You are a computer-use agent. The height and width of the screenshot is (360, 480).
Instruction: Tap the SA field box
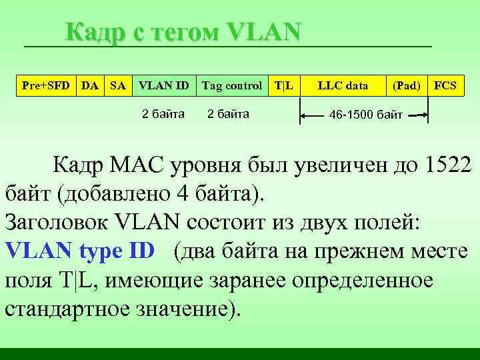(x=117, y=85)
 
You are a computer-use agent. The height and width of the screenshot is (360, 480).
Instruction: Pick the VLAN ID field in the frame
(x=163, y=85)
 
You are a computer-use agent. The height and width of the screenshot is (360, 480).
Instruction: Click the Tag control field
(x=231, y=85)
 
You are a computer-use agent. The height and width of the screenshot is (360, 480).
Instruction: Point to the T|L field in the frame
(x=285, y=85)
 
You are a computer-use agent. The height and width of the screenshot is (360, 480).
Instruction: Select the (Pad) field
(x=407, y=85)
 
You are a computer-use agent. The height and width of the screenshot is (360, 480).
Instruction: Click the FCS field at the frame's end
(x=445, y=85)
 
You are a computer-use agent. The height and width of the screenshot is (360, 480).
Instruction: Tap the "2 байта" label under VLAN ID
(x=163, y=113)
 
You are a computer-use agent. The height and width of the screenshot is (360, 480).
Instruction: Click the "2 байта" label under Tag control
(x=228, y=113)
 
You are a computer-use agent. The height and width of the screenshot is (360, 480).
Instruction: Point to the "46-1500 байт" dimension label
(x=367, y=116)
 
